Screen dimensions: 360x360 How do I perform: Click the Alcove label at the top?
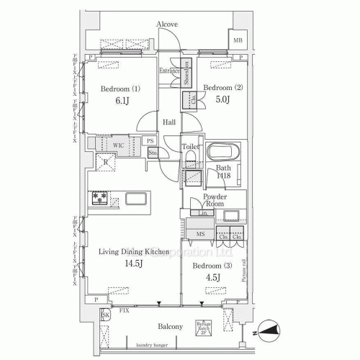[166, 24]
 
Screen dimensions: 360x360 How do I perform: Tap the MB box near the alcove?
[237, 40]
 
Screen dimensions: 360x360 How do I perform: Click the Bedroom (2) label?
[222, 88]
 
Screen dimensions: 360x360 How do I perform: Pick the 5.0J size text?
[221, 100]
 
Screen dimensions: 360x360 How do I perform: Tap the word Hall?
[168, 122]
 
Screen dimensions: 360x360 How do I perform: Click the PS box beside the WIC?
[150, 141]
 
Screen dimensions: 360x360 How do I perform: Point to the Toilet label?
[189, 147]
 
